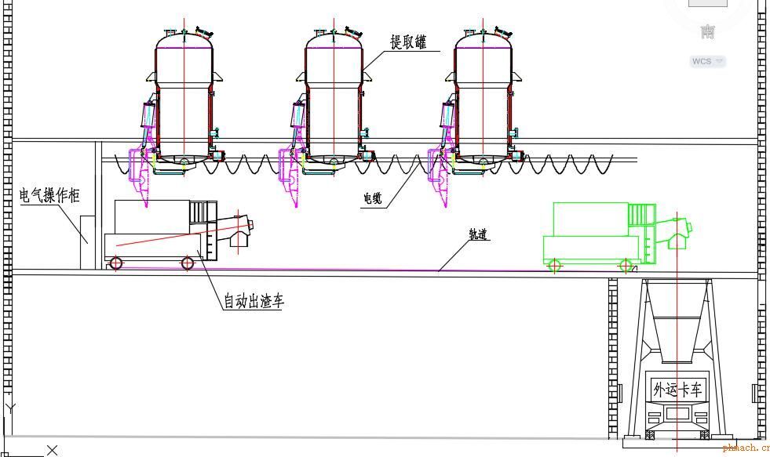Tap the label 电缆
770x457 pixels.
click(x=372, y=199)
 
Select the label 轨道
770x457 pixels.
click(x=479, y=234)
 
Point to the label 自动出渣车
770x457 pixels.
click(x=254, y=300)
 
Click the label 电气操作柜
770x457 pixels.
click(x=49, y=195)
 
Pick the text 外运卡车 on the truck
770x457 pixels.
click(x=677, y=388)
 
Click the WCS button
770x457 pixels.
click(x=707, y=61)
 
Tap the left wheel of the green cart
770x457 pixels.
click(x=554, y=265)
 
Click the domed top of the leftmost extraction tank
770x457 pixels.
click(x=184, y=38)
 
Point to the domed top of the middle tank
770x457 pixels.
click(x=334, y=38)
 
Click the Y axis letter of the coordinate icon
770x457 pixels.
click(x=10, y=408)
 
